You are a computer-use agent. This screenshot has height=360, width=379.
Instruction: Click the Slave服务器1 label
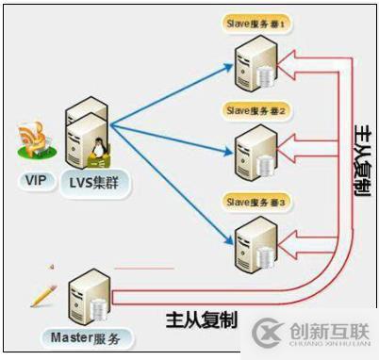point(257,21)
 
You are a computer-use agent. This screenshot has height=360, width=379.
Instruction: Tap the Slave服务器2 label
point(257,109)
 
